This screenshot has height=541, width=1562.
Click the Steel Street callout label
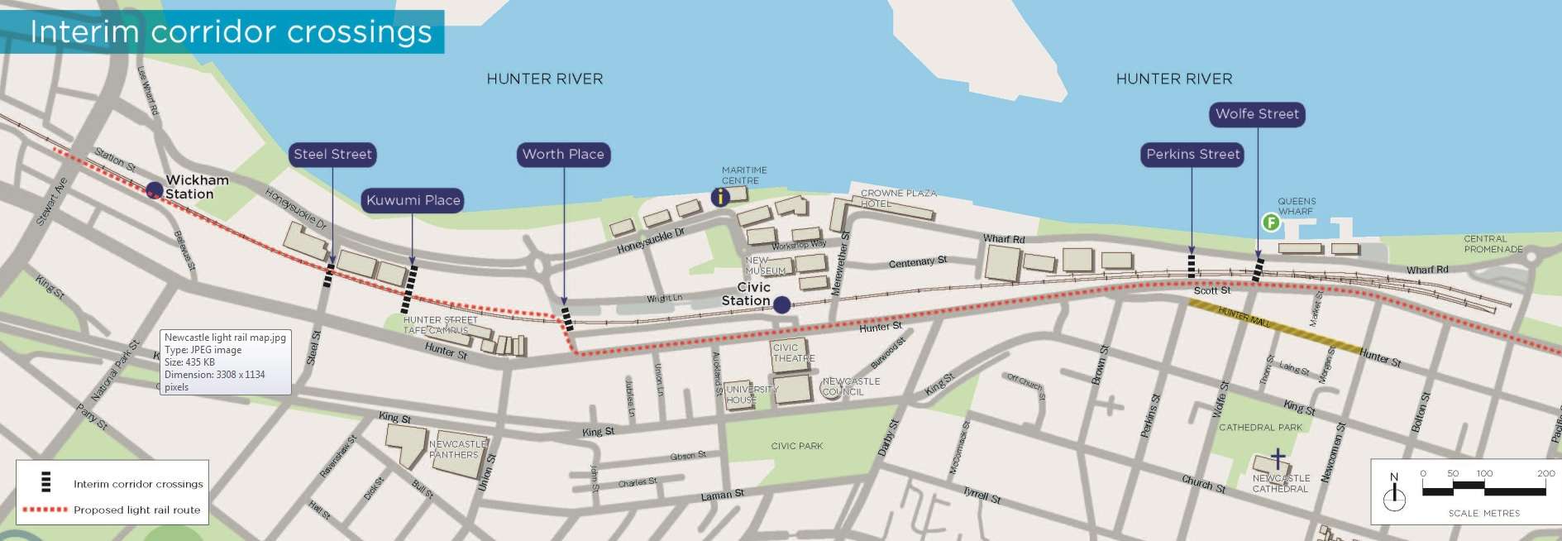click(x=333, y=155)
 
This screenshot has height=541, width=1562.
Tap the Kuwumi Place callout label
click(x=413, y=200)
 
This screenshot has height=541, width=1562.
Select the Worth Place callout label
click(x=563, y=155)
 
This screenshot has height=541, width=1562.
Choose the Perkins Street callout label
click(x=1192, y=155)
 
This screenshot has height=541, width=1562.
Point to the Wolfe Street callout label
click(x=1257, y=114)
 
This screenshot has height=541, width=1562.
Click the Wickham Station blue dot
click(x=154, y=191)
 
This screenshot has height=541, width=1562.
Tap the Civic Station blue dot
click(x=781, y=305)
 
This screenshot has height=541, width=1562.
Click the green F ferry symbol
click(x=1270, y=223)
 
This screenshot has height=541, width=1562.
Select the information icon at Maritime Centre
click(x=720, y=197)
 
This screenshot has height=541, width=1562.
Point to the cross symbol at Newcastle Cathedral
click(x=1278, y=458)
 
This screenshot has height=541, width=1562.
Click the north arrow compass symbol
click(x=1394, y=494)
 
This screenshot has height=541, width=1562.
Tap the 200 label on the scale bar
click(x=1545, y=473)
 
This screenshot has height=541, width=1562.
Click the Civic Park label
click(x=796, y=446)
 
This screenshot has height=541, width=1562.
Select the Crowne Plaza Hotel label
click(x=898, y=198)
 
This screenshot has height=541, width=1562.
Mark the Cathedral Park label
click(x=1260, y=428)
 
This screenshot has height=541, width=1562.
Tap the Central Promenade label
click(x=1493, y=244)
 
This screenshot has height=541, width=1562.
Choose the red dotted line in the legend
click(x=45, y=510)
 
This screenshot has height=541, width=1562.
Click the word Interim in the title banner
click(x=84, y=31)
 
